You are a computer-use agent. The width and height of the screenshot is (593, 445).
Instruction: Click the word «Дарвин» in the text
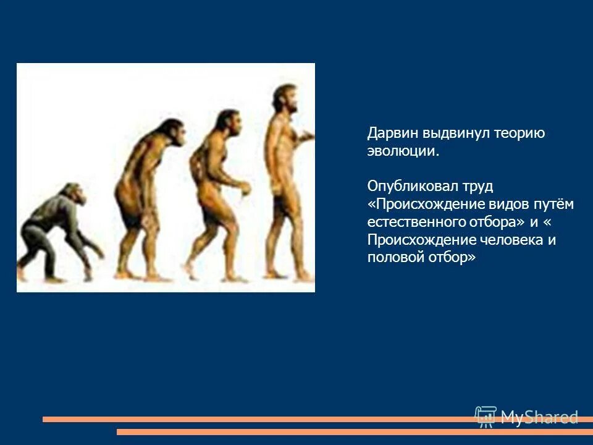(x=393, y=133)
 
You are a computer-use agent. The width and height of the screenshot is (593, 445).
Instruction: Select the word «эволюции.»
(x=403, y=151)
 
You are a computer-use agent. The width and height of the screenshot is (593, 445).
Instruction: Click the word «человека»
(x=513, y=240)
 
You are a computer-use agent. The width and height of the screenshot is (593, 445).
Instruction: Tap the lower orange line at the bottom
(x=352, y=432)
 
